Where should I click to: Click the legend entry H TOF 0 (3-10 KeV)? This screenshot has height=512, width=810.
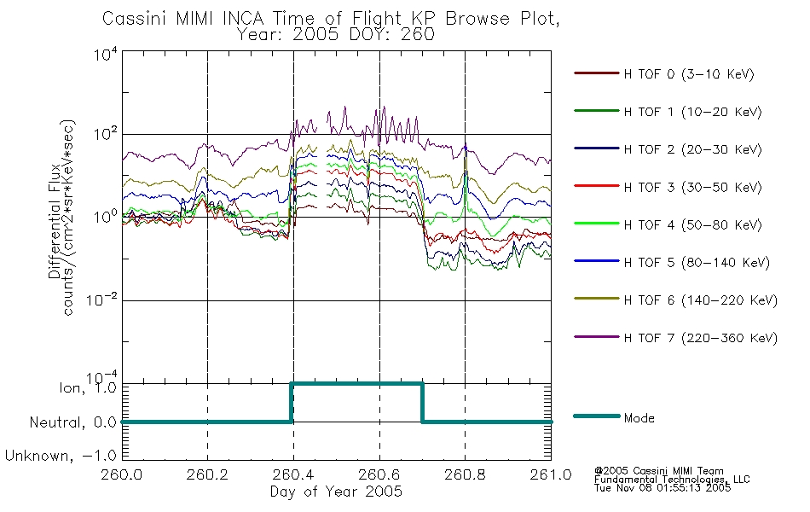[x=689, y=74]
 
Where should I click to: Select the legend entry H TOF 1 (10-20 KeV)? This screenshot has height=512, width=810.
[x=692, y=112]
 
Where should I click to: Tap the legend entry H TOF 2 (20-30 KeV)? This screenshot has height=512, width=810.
[x=692, y=149]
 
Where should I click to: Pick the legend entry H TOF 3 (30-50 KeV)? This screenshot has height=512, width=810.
[x=692, y=187]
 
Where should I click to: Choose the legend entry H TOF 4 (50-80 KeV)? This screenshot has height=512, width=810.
[x=692, y=225]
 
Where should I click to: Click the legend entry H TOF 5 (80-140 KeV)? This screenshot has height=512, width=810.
[x=697, y=263]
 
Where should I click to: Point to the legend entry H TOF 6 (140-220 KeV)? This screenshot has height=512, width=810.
[x=700, y=300]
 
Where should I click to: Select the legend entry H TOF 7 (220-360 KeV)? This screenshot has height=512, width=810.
[x=700, y=338]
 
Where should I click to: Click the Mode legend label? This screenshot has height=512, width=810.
[x=639, y=418]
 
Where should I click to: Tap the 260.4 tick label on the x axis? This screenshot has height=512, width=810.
[x=293, y=474]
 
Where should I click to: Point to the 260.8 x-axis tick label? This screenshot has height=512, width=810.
[x=465, y=474]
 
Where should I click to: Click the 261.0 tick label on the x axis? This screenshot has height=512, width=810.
[x=551, y=474]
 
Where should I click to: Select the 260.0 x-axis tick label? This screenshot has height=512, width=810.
[x=122, y=474]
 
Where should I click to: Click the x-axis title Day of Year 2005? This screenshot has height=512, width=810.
[x=336, y=492]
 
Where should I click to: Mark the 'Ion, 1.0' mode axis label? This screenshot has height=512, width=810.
[x=87, y=387]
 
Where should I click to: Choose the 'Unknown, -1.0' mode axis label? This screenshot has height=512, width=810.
[x=61, y=456]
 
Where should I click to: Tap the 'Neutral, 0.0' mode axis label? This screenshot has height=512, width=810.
[x=72, y=422]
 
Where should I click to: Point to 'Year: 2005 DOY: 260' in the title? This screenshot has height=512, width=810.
[x=335, y=35]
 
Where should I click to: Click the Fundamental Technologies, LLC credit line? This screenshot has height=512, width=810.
[x=672, y=480]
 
